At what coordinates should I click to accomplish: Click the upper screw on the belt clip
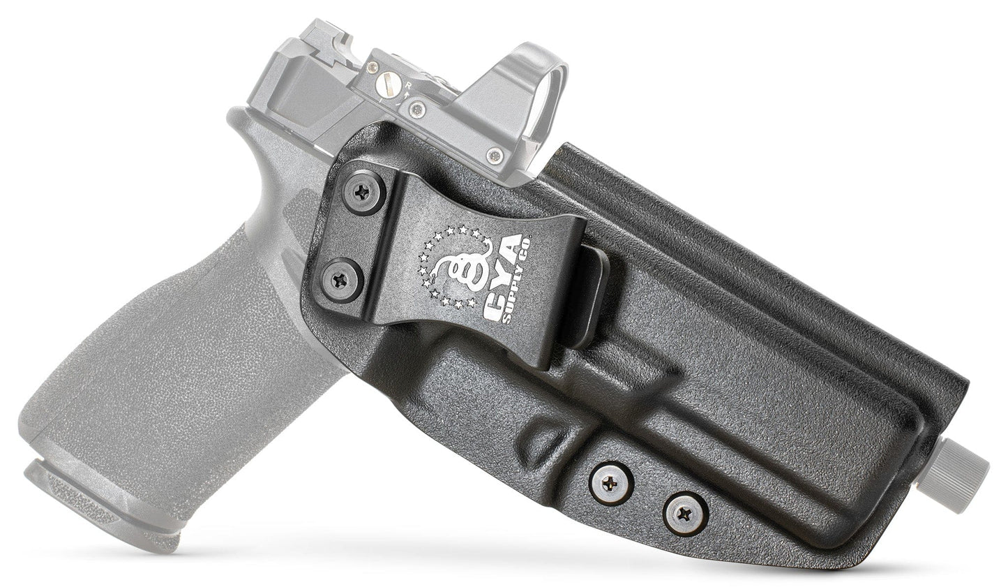tap(364, 190)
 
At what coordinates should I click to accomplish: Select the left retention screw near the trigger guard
tap(606, 480)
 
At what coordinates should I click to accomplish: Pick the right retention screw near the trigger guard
tap(681, 514)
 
